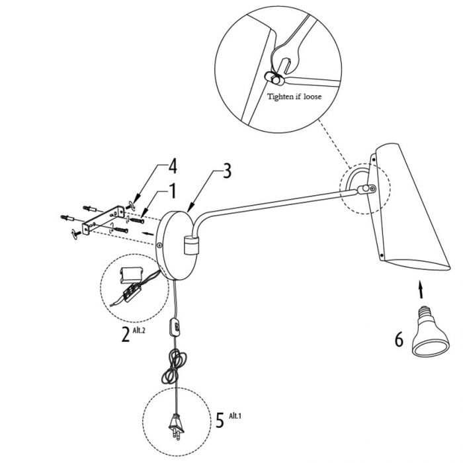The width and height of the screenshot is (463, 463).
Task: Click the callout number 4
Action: (x=173, y=165)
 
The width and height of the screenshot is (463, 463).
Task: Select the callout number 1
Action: (x=173, y=190)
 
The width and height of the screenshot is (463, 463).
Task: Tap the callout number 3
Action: (x=227, y=171)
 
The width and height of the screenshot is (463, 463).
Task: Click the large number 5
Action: (x=220, y=420)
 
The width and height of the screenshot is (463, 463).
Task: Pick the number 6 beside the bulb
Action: (x=399, y=339)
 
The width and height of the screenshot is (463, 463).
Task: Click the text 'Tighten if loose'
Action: (x=294, y=97)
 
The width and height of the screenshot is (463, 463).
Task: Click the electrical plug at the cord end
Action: (x=177, y=427)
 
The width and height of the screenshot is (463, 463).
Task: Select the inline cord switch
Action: (x=175, y=326)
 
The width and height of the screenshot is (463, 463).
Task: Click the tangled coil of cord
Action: (x=173, y=366)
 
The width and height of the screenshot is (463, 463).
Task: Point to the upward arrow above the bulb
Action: (x=421, y=290)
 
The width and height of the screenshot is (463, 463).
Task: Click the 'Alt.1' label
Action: (x=235, y=416)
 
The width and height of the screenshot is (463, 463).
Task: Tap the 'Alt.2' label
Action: (x=139, y=330)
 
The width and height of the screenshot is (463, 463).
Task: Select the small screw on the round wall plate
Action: (x=159, y=245)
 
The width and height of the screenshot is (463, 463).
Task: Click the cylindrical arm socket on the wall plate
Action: (x=192, y=245)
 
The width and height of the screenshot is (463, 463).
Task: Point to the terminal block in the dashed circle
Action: (x=132, y=292)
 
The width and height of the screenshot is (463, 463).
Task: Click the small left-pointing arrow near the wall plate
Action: (x=147, y=234)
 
